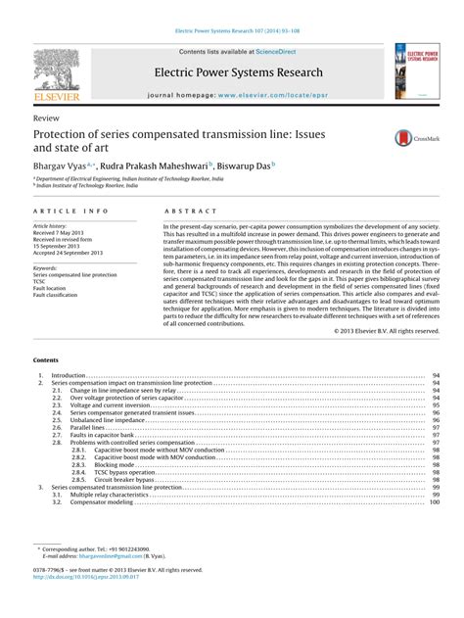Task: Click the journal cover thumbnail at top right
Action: point(415,70)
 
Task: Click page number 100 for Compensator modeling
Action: point(434,502)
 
